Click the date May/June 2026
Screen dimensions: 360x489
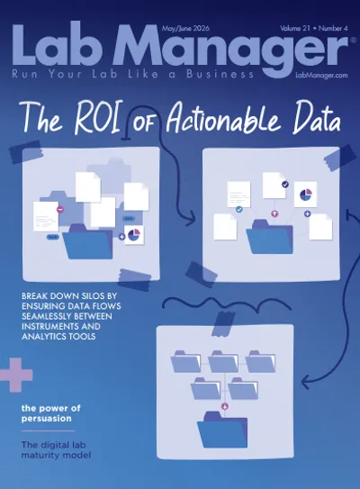point(185,29)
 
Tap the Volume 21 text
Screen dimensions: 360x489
point(295,28)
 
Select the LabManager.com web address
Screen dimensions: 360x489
point(321,75)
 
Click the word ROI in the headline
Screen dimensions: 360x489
point(97,118)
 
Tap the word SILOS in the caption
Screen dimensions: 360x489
point(85,295)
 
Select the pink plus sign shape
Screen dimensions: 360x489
point(15,375)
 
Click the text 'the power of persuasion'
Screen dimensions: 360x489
point(50,413)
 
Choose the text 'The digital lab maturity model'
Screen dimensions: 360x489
point(56,449)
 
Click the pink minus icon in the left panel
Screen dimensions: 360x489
point(60,209)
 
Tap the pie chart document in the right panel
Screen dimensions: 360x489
point(305,195)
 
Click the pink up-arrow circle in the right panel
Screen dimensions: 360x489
point(274,214)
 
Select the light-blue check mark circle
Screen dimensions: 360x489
point(239,209)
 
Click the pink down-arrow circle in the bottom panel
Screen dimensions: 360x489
point(225,406)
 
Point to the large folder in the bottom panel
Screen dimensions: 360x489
point(222,430)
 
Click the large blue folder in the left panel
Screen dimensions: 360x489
point(88,241)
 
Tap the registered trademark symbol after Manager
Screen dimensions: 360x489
point(353,40)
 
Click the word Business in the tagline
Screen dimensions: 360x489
point(220,74)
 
